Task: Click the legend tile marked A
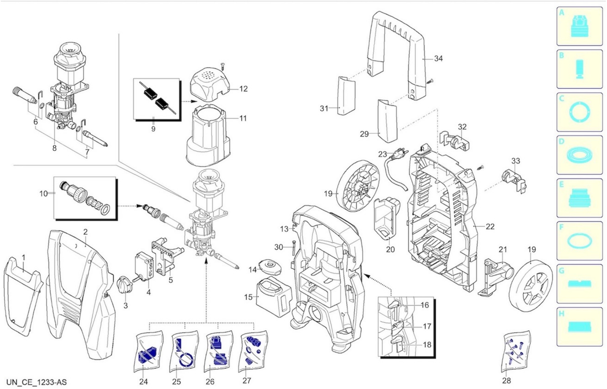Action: (x=580, y=26)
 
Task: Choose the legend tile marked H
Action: (x=580, y=327)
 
